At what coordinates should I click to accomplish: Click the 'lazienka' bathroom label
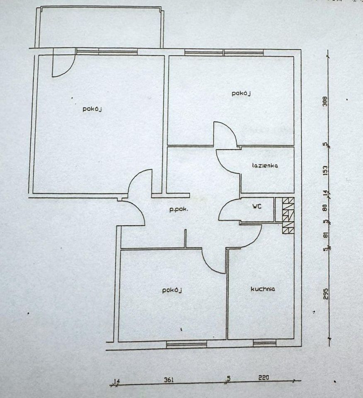pos(265,165)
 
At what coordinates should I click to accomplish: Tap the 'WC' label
pos(257,206)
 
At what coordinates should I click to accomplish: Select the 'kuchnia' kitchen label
pos(263,289)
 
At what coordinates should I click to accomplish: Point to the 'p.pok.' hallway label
pos(179,210)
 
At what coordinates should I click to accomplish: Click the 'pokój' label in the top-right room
pos(241,93)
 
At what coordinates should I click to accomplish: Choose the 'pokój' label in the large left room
pos(92,109)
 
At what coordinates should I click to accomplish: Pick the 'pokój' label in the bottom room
pos(172,290)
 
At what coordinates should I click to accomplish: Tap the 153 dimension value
pos(325,170)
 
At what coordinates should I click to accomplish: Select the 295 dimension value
pos(326,294)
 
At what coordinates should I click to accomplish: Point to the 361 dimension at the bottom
pos(169,380)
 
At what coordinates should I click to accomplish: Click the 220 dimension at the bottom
pos(264,378)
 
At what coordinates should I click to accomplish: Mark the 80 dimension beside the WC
pos(325,208)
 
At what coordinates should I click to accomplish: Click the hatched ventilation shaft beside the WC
pos(288,215)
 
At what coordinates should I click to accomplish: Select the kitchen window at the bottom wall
pos(264,343)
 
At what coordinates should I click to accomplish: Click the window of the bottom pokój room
pos(186,344)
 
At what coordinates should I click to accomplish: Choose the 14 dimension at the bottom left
pos(117,381)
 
